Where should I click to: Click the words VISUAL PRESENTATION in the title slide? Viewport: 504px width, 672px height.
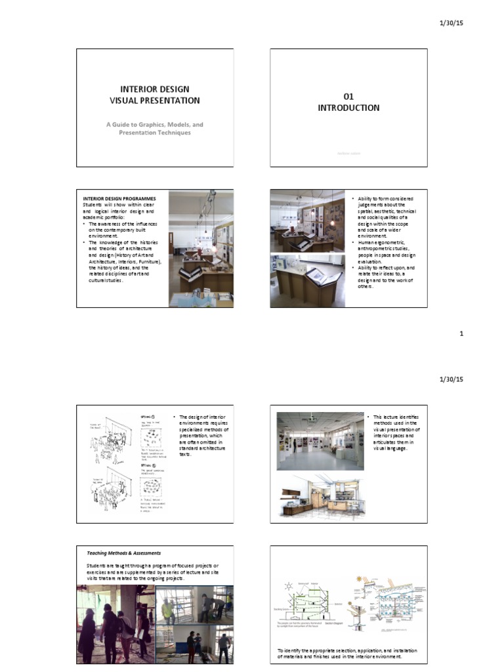(155, 100)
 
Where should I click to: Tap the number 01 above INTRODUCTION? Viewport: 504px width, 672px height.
(348, 96)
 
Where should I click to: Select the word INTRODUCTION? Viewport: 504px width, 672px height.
(348, 108)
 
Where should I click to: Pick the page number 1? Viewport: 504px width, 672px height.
(461, 333)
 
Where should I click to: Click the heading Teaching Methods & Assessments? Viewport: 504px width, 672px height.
(124, 553)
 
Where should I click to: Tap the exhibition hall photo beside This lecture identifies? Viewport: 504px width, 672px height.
(320, 441)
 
